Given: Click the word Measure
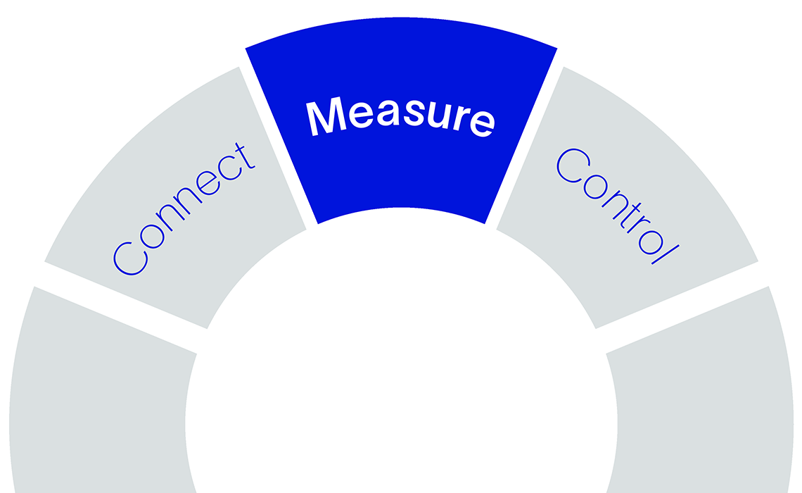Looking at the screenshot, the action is pyautogui.click(x=400, y=117).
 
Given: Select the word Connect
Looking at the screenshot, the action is pyautogui.click(x=184, y=209).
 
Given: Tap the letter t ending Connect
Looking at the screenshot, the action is pyautogui.click(x=244, y=156).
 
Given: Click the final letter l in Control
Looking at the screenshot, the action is pyautogui.click(x=666, y=255).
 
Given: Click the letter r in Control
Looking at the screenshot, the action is pyautogui.click(x=638, y=226).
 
